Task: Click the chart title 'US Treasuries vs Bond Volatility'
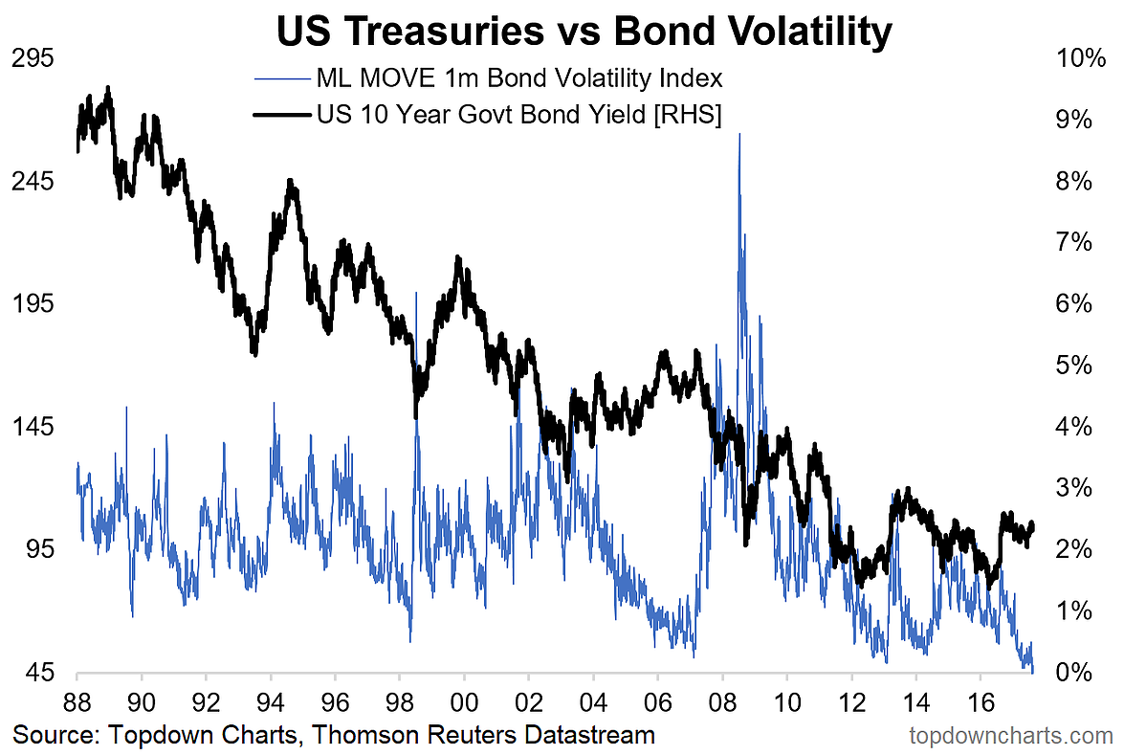pyautogui.click(x=584, y=31)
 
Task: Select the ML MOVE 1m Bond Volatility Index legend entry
pyautogui.click(x=488, y=78)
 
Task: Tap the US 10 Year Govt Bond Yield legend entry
pyautogui.click(x=488, y=113)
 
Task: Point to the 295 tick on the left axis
pyautogui.click(x=33, y=58)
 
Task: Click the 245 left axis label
pyautogui.click(x=33, y=181)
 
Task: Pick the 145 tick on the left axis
pyautogui.click(x=33, y=427)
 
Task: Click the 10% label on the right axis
pyautogui.click(x=1081, y=58)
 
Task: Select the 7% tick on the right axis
pyautogui.click(x=1074, y=242)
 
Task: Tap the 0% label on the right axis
pyautogui.click(x=1074, y=673)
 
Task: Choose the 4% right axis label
pyautogui.click(x=1074, y=427)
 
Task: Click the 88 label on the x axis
pyautogui.click(x=77, y=702)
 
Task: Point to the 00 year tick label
pyautogui.click(x=465, y=702)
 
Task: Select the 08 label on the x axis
pyautogui.click(x=722, y=702)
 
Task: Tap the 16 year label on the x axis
pyautogui.click(x=981, y=702)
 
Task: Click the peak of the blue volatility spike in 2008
pyautogui.click(x=739, y=135)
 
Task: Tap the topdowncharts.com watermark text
pyautogui.click(x=1011, y=736)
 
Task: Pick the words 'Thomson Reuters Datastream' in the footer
pyautogui.click(x=484, y=735)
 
